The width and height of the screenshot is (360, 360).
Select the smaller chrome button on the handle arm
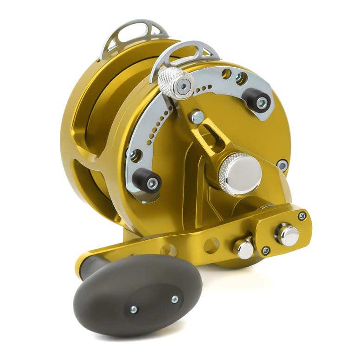tap(245, 249)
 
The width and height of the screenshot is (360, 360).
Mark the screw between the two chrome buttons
tap(265, 251)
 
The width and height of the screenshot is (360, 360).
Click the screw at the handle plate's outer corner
tap(302, 216)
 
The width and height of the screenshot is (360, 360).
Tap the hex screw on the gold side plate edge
tap(282, 164)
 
